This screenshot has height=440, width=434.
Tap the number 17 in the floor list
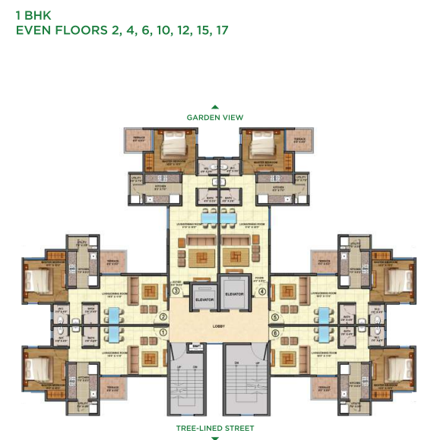tap(220, 30)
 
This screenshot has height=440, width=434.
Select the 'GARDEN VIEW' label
tap(215, 118)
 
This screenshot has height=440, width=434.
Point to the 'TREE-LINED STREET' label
tap(215, 429)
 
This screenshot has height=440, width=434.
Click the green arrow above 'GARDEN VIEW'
tap(215, 108)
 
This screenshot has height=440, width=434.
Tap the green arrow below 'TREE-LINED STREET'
tap(215, 438)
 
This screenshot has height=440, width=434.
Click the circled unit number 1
tap(163, 331)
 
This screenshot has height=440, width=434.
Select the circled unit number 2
tap(163, 317)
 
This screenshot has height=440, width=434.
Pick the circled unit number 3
tap(175, 291)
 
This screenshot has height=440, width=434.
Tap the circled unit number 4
tap(262, 291)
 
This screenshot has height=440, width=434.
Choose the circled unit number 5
tap(274, 317)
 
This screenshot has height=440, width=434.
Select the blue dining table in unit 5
tap(325, 315)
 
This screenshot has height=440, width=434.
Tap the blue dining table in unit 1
tap(114, 334)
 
